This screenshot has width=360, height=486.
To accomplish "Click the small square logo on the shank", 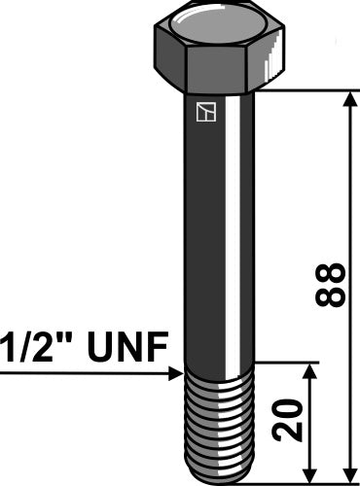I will [x=202, y=114].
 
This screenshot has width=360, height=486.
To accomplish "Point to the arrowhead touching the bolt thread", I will [x=176, y=371].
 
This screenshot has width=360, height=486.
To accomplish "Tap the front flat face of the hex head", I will [x=223, y=64].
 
